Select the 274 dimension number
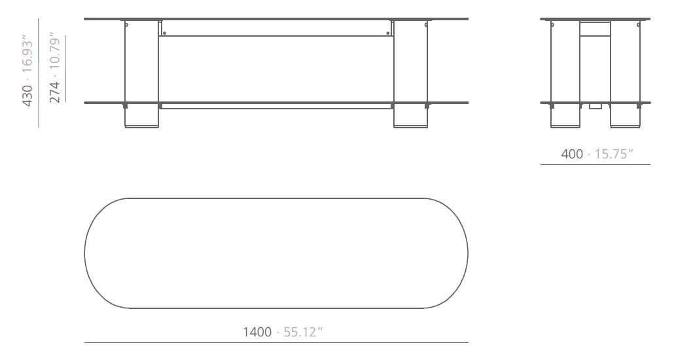coord(55,90)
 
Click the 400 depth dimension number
coord(572,154)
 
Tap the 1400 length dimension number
coord(257,332)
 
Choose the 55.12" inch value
coord(301,332)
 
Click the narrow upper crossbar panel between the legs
coord(275,28)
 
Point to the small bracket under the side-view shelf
coord(595,106)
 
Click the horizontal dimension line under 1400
coord(276,342)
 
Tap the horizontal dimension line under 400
coord(595,165)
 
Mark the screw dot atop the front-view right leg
coord(426,26)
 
